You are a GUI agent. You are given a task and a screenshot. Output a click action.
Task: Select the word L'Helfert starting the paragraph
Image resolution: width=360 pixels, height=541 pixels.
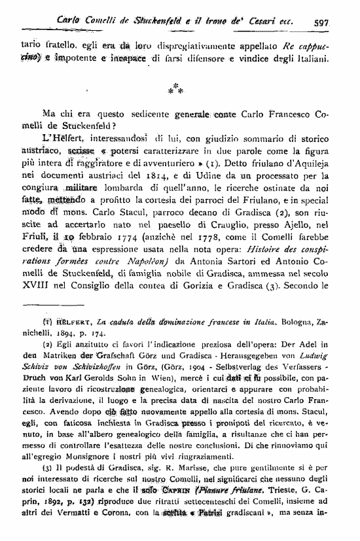(60, 137)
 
